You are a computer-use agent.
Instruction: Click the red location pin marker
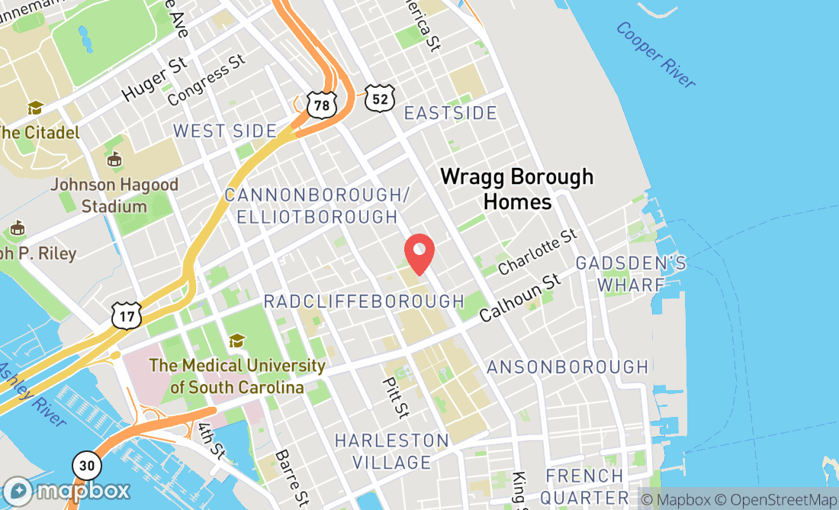click(x=419, y=252)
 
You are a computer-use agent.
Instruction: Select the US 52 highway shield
click(x=378, y=97)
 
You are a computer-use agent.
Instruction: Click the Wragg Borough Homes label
click(x=517, y=189)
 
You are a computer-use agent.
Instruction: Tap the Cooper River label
click(x=656, y=54)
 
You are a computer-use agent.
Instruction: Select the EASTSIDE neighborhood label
click(x=450, y=114)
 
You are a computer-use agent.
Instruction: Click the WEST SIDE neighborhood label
click(x=225, y=131)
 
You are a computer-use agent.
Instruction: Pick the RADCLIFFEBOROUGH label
click(x=364, y=302)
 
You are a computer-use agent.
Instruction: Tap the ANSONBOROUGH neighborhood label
click(x=567, y=367)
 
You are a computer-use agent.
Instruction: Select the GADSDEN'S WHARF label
click(x=631, y=274)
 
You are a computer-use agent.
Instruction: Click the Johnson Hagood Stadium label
click(x=114, y=195)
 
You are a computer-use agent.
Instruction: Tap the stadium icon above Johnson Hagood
click(x=114, y=160)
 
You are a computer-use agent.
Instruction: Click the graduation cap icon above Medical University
click(x=237, y=340)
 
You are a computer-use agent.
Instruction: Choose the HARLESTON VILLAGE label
click(x=392, y=451)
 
